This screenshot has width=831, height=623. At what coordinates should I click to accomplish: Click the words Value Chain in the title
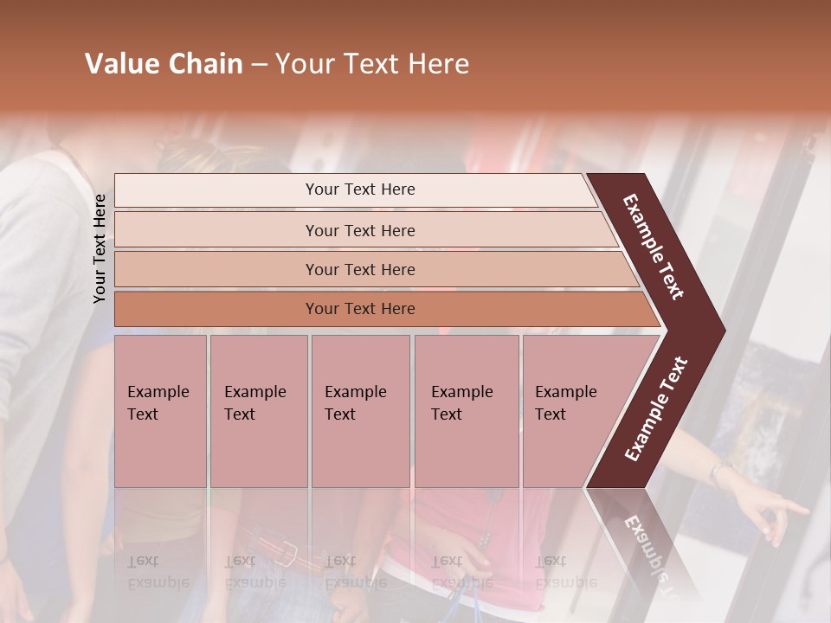tap(164, 64)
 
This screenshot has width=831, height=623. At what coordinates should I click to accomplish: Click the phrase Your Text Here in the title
tap(372, 64)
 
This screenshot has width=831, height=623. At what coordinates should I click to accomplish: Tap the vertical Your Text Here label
tap(100, 248)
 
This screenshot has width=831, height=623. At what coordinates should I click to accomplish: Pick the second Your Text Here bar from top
tap(359, 230)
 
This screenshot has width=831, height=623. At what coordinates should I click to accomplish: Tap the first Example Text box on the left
tap(160, 410)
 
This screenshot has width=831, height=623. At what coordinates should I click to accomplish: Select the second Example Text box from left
tap(259, 410)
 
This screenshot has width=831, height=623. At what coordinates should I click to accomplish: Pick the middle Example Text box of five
tap(360, 410)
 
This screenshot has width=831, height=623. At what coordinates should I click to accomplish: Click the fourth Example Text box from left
tap(467, 410)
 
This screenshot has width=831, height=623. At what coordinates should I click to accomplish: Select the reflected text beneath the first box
tap(156, 571)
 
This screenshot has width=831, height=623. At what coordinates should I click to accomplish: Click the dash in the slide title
tap(259, 65)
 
